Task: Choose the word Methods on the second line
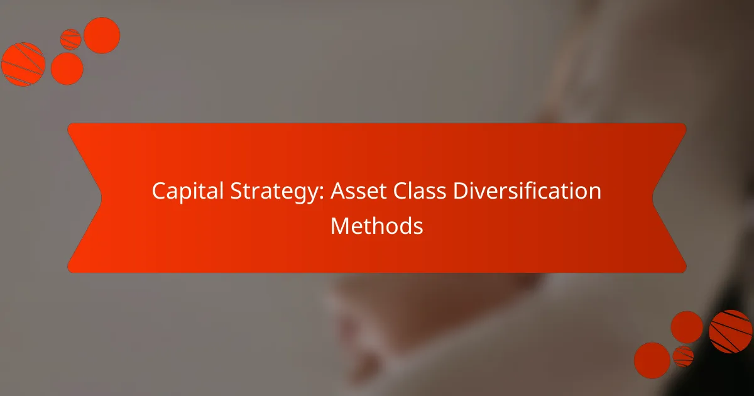(377, 226)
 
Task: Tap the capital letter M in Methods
(339, 226)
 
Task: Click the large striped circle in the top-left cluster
(23, 64)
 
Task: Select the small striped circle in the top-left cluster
(71, 39)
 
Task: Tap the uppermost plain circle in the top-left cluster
(102, 35)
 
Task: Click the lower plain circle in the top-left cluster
(67, 69)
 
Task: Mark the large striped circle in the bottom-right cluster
(731, 331)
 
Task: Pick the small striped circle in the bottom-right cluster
(683, 356)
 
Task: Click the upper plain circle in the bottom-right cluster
(687, 327)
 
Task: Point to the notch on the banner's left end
(101, 198)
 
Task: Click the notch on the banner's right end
(653, 198)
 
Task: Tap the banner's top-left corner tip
(68, 124)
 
